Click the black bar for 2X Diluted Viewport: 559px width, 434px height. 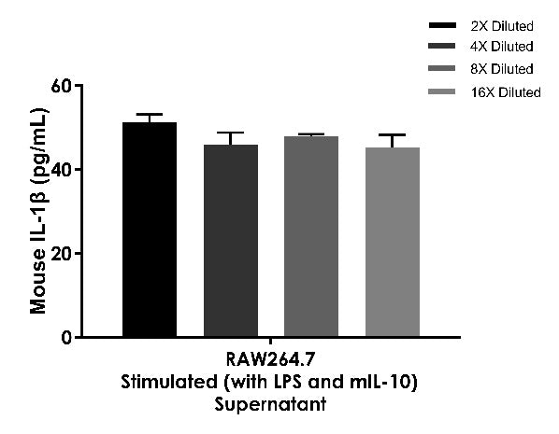tap(150, 230)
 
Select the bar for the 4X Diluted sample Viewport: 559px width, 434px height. tap(231, 241)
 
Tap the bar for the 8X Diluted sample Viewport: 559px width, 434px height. tap(311, 236)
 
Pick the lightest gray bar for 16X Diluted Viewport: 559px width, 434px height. tap(393, 242)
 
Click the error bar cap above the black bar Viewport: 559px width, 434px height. tap(150, 114)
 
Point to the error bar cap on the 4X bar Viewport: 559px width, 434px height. tap(231, 133)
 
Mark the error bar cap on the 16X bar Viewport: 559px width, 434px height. tap(393, 135)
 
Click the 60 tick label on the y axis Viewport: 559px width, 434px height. tap(62, 86)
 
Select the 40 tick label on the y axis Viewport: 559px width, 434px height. tap(62, 170)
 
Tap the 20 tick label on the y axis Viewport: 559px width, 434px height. tap(62, 253)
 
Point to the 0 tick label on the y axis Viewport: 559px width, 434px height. tap(66, 337)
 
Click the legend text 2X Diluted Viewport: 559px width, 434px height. tap(502, 26)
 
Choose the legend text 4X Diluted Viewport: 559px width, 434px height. tap(502, 47)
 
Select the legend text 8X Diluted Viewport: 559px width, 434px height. tap(502, 69)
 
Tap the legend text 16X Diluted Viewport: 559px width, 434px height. tap(506, 92)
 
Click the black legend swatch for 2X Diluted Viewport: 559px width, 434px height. tap(442, 25)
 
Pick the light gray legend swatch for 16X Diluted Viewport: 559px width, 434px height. tap(442, 91)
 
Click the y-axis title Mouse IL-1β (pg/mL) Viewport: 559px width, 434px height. tap(38, 210)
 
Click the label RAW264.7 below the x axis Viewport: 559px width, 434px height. tap(270, 359)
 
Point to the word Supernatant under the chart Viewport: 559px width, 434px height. tap(270, 404)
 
